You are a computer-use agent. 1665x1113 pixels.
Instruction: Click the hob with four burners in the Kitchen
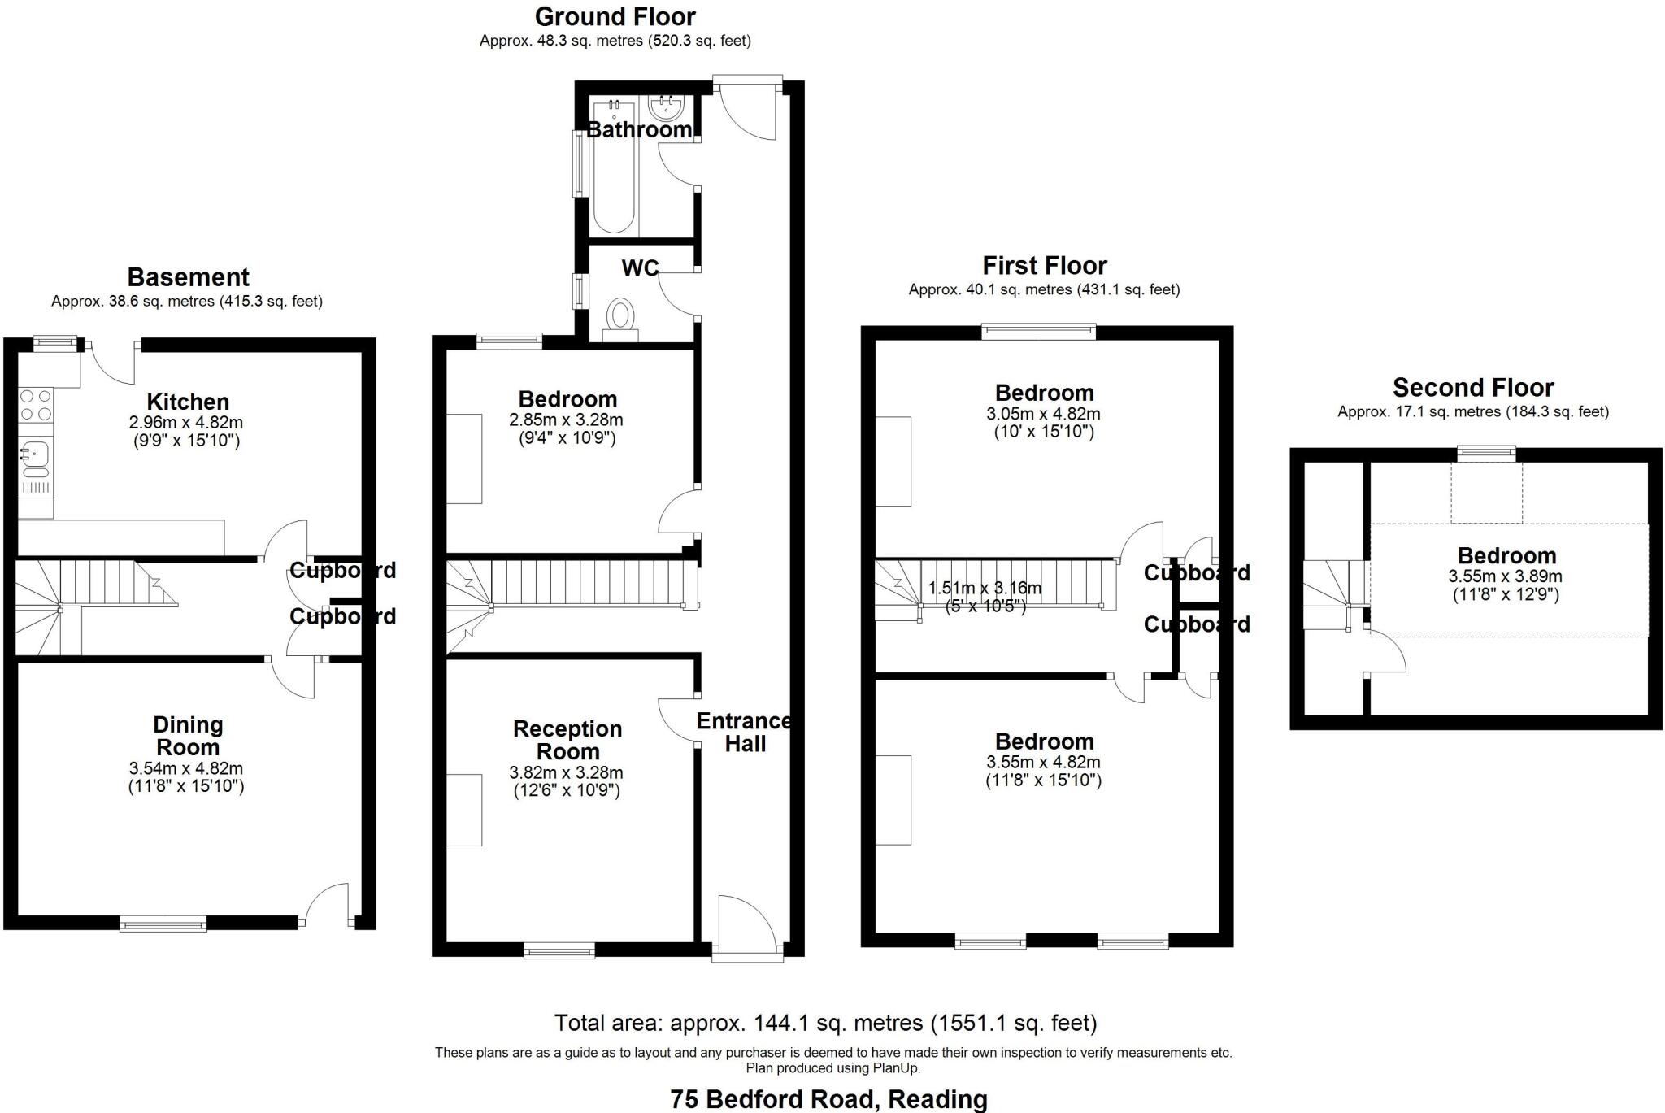point(35,405)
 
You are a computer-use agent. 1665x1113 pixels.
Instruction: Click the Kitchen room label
point(188,402)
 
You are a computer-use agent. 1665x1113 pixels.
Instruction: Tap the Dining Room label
point(188,736)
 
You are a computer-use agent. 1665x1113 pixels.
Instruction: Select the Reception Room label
point(567,740)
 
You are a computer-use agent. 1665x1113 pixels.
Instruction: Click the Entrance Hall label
point(744,733)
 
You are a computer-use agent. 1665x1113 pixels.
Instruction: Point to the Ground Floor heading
point(615,16)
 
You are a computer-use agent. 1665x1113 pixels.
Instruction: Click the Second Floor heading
point(1473,387)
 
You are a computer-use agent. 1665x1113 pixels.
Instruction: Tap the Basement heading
point(188,277)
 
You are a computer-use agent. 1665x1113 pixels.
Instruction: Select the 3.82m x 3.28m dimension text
point(567,773)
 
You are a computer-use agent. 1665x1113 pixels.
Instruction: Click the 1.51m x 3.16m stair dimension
point(985,588)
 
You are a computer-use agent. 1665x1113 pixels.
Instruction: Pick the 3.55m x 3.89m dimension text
point(1506,576)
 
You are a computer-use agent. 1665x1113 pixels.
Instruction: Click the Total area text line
point(825,1022)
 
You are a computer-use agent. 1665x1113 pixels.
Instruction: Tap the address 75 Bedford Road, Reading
point(828,1099)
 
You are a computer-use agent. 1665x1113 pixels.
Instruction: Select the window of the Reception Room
point(559,950)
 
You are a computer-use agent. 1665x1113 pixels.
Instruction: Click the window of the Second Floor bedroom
point(1486,454)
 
